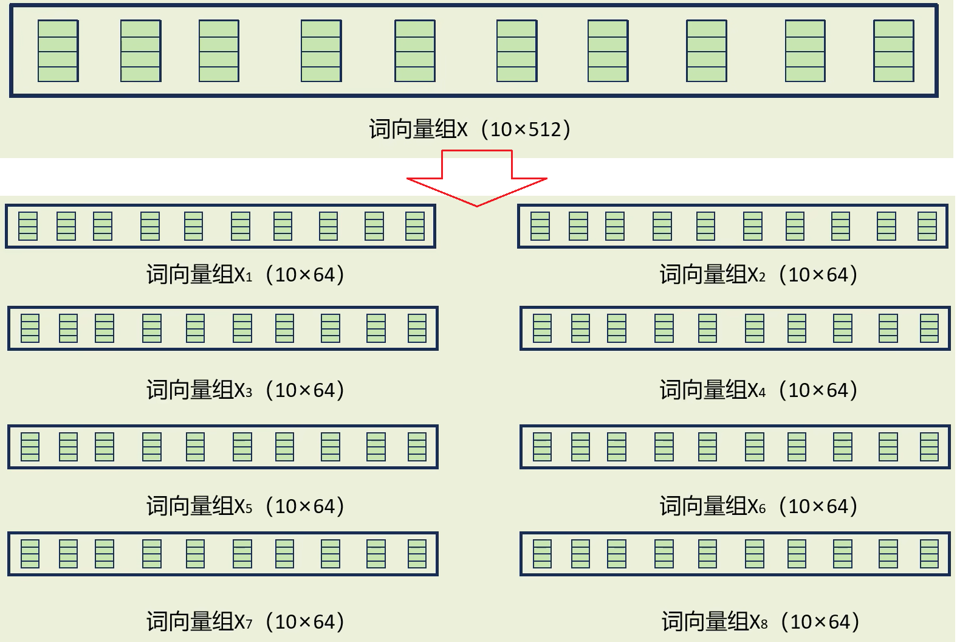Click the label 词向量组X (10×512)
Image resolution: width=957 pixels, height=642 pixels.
(469, 129)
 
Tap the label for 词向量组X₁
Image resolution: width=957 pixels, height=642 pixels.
(245, 275)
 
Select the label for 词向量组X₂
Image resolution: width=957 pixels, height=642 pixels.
(758, 275)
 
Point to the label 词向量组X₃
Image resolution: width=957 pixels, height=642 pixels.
(245, 390)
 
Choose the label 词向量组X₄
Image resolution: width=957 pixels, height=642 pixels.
(758, 390)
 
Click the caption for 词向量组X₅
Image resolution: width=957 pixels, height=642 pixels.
(245, 506)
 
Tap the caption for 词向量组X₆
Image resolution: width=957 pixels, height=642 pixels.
(758, 506)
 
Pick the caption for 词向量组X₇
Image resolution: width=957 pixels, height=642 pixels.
(245, 621)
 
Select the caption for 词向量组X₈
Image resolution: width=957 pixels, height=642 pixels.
(760, 621)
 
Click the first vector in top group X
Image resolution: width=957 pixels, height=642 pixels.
(58, 51)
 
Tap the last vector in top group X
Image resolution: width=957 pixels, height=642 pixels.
(893, 51)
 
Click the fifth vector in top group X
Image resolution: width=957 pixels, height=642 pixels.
(414, 51)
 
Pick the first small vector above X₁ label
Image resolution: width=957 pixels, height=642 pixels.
(28, 226)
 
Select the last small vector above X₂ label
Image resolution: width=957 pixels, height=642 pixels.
(927, 226)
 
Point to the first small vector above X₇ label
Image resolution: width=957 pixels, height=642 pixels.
(30, 554)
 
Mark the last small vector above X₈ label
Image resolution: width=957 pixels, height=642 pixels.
(929, 554)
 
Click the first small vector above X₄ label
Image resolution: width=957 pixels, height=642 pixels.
(542, 328)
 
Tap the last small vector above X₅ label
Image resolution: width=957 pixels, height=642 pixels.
(417, 447)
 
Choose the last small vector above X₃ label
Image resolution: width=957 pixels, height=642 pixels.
(417, 328)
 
